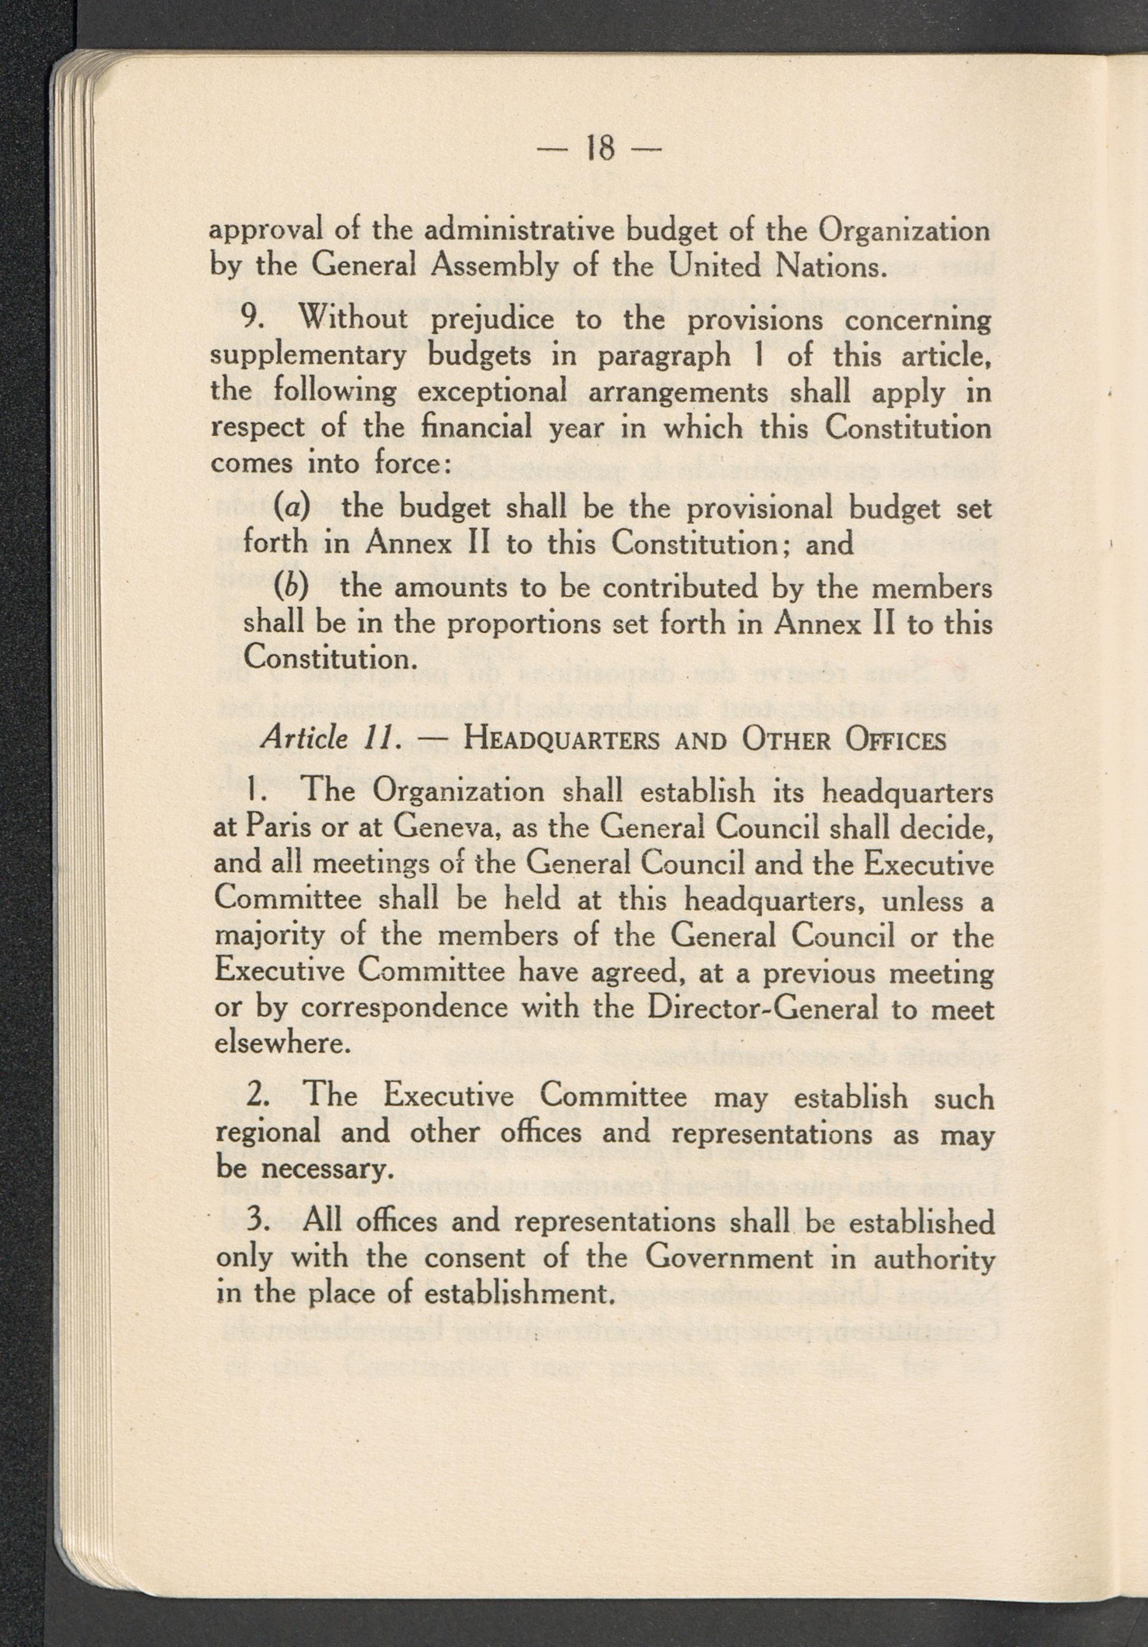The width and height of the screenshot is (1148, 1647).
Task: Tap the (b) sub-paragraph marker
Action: [274, 587]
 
